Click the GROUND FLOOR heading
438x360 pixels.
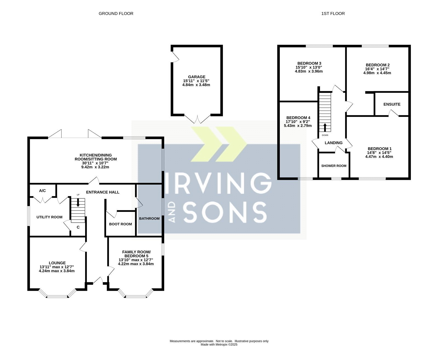click(116, 13)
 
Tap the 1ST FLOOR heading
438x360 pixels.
click(333, 13)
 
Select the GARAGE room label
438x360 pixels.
click(197, 77)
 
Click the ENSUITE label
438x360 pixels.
click(392, 104)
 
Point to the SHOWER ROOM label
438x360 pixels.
click(334, 166)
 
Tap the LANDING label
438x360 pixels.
click(333, 143)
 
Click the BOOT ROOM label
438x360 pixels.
click(120, 224)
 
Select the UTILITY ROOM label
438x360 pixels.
click(50, 217)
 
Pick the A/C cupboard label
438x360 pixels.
click(42, 191)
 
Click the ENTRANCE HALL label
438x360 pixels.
click(103, 192)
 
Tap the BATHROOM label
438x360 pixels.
click(149, 218)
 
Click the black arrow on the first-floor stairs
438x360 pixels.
click(325, 127)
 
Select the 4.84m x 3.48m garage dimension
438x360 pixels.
click(196, 85)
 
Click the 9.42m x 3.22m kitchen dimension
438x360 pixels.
click(95, 167)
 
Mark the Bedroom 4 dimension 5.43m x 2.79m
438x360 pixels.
click(298, 126)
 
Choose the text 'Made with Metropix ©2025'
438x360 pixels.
click(219, 344)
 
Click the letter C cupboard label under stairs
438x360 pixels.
click(78, 227)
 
